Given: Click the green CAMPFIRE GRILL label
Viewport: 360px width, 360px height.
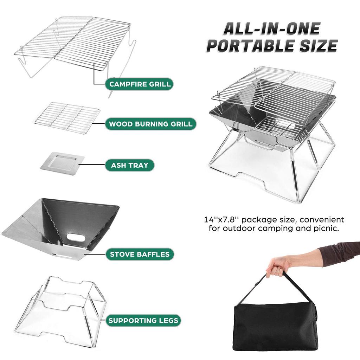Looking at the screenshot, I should pyautogui.click(x=140, y=84).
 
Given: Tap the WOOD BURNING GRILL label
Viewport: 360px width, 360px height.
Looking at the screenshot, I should pyautogui.click(x=150, y=124).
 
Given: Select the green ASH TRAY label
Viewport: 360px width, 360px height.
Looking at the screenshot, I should pyautogui.click(x=129, y=165).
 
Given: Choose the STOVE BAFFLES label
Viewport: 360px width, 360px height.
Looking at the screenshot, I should pyautogui.click(x=140, y=254).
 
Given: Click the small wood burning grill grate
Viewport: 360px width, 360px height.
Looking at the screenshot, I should pyautogui.click(x=67, y=117).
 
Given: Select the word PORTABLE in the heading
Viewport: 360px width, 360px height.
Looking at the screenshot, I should pyautogui.click(x=253, y=46).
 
